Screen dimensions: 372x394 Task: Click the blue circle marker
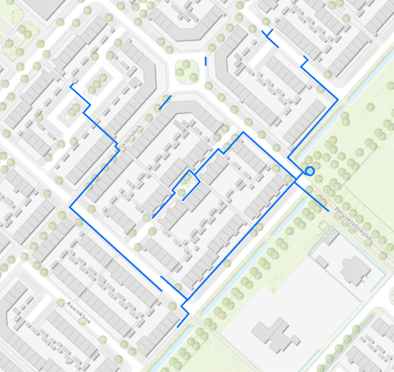point(310,171)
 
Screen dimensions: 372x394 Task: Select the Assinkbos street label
point(78,312)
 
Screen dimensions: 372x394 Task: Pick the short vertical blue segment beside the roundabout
point(206,61)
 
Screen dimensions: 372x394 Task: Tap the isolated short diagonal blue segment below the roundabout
point(165,102)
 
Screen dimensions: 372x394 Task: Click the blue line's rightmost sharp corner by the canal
point(338,100)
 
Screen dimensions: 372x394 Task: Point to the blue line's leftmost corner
point(70,207)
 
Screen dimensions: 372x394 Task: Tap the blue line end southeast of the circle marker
point(329,211)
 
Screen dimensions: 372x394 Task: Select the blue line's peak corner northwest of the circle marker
point(243,132)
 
